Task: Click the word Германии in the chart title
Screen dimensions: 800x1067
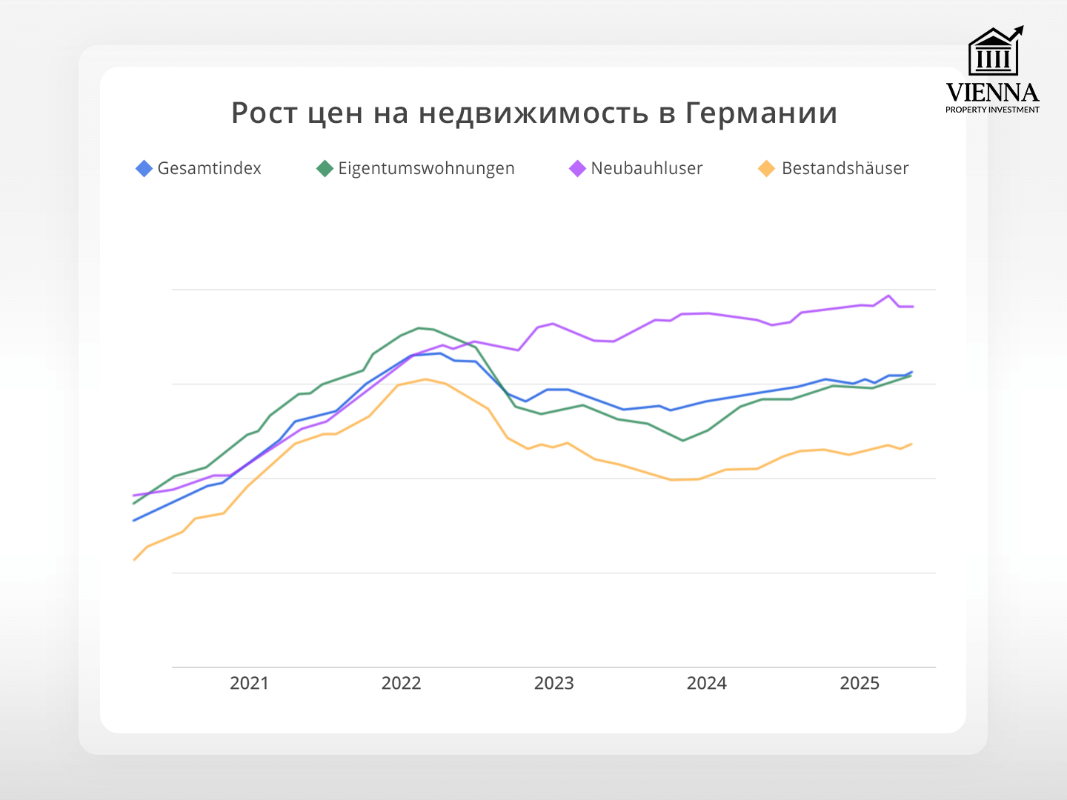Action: [761, 113]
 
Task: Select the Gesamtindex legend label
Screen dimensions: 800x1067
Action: [209, 169]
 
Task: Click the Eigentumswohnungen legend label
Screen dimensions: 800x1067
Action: [426, 169]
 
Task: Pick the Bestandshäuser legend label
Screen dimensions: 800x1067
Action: [845, 169]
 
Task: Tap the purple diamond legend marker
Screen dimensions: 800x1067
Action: [577, 169]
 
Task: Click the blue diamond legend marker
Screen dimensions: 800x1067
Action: [144, 169]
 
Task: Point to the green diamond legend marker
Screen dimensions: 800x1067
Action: [325, 169]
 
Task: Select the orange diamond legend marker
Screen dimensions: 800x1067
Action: [766, 169]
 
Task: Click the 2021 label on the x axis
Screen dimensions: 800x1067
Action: [249, 683]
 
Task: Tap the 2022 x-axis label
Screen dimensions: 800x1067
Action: [401, 683]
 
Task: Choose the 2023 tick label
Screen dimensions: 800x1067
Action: [554, 683]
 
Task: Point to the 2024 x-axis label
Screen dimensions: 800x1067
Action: [706, 683]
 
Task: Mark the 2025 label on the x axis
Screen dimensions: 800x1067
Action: [859, 683]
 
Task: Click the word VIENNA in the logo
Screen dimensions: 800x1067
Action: [992, 93]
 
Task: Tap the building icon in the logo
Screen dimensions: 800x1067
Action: [994, 53]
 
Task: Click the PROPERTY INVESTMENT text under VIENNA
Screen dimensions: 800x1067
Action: [992, 110]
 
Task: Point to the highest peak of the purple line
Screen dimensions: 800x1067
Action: [888, 296]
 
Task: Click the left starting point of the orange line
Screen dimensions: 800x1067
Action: [134, 559]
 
